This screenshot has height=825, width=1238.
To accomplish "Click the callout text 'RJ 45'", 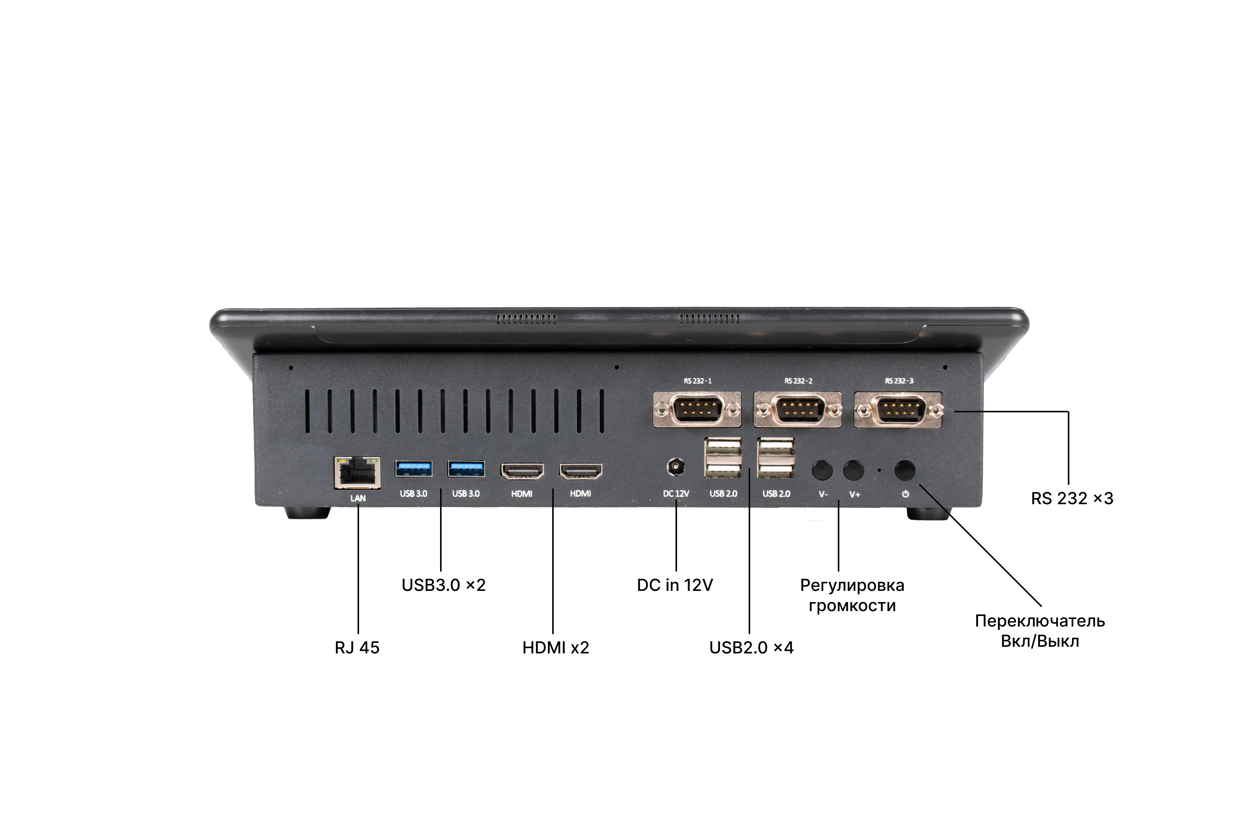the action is (x=357, y=648).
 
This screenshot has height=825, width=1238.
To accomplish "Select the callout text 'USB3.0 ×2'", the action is (x=444, y=585).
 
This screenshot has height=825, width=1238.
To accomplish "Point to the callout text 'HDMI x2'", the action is (x=556, y=648).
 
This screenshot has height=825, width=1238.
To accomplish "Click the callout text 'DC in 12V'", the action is (x=675, y=585).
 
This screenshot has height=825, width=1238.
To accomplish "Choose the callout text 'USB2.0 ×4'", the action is (x=751, y=648).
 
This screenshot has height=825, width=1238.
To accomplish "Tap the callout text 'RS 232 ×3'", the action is (x=1072, y=498).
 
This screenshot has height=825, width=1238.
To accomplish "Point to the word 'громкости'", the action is (x=852, y=606).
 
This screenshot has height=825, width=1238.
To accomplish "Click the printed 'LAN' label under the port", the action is (x=358, y=498).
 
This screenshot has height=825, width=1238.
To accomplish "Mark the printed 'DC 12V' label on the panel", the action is (x=676, y=494).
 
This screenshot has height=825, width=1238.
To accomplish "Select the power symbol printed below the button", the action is (x=905, y=494).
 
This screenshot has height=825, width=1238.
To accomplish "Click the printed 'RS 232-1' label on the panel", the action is (x=697, y=381).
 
